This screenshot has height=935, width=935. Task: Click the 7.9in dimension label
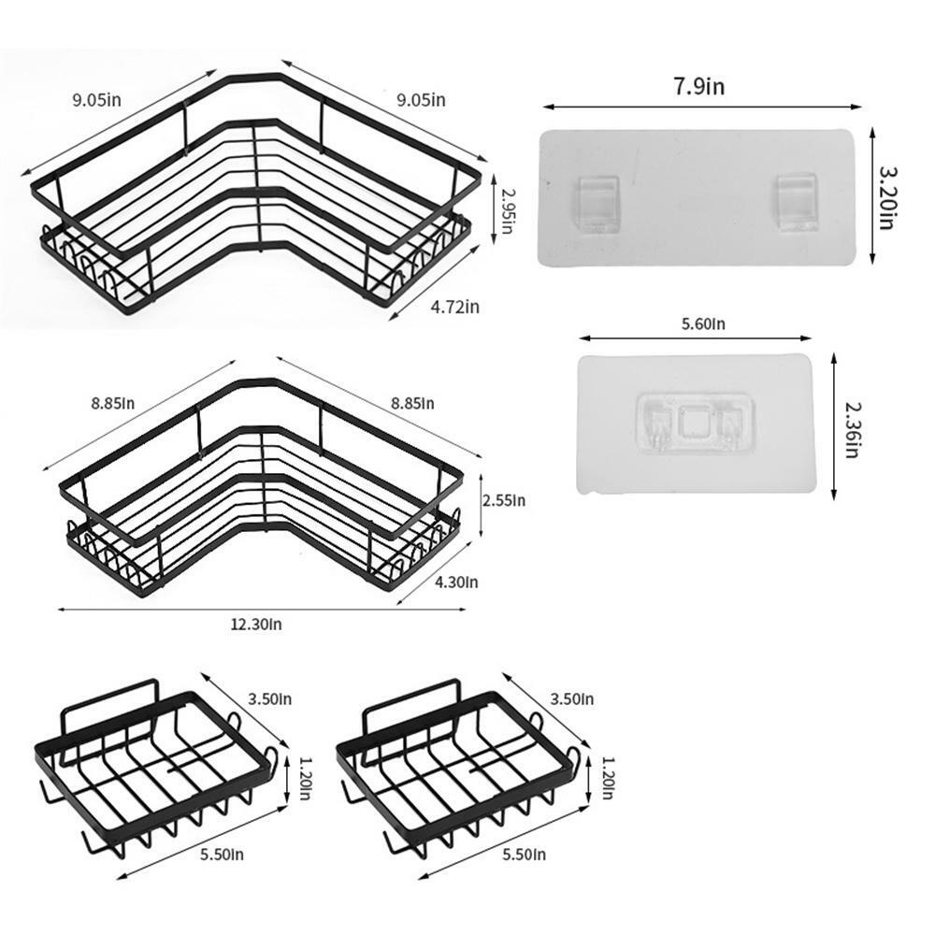click(x=699, y=86)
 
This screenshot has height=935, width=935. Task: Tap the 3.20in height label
click(x=888, y=198)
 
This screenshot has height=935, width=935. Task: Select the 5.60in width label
click(x=704, y=324)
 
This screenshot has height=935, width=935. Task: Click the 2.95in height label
click(x=507, y=211)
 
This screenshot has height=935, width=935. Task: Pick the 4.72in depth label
click(x=455, y=307)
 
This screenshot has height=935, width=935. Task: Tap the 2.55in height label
click(x=504, y=500)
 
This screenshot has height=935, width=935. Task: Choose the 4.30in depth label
click(x=456, y=582)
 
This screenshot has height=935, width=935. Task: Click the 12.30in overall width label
click(x=256, y=625)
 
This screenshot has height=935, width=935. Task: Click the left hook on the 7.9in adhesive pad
click(x=597, y=203)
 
